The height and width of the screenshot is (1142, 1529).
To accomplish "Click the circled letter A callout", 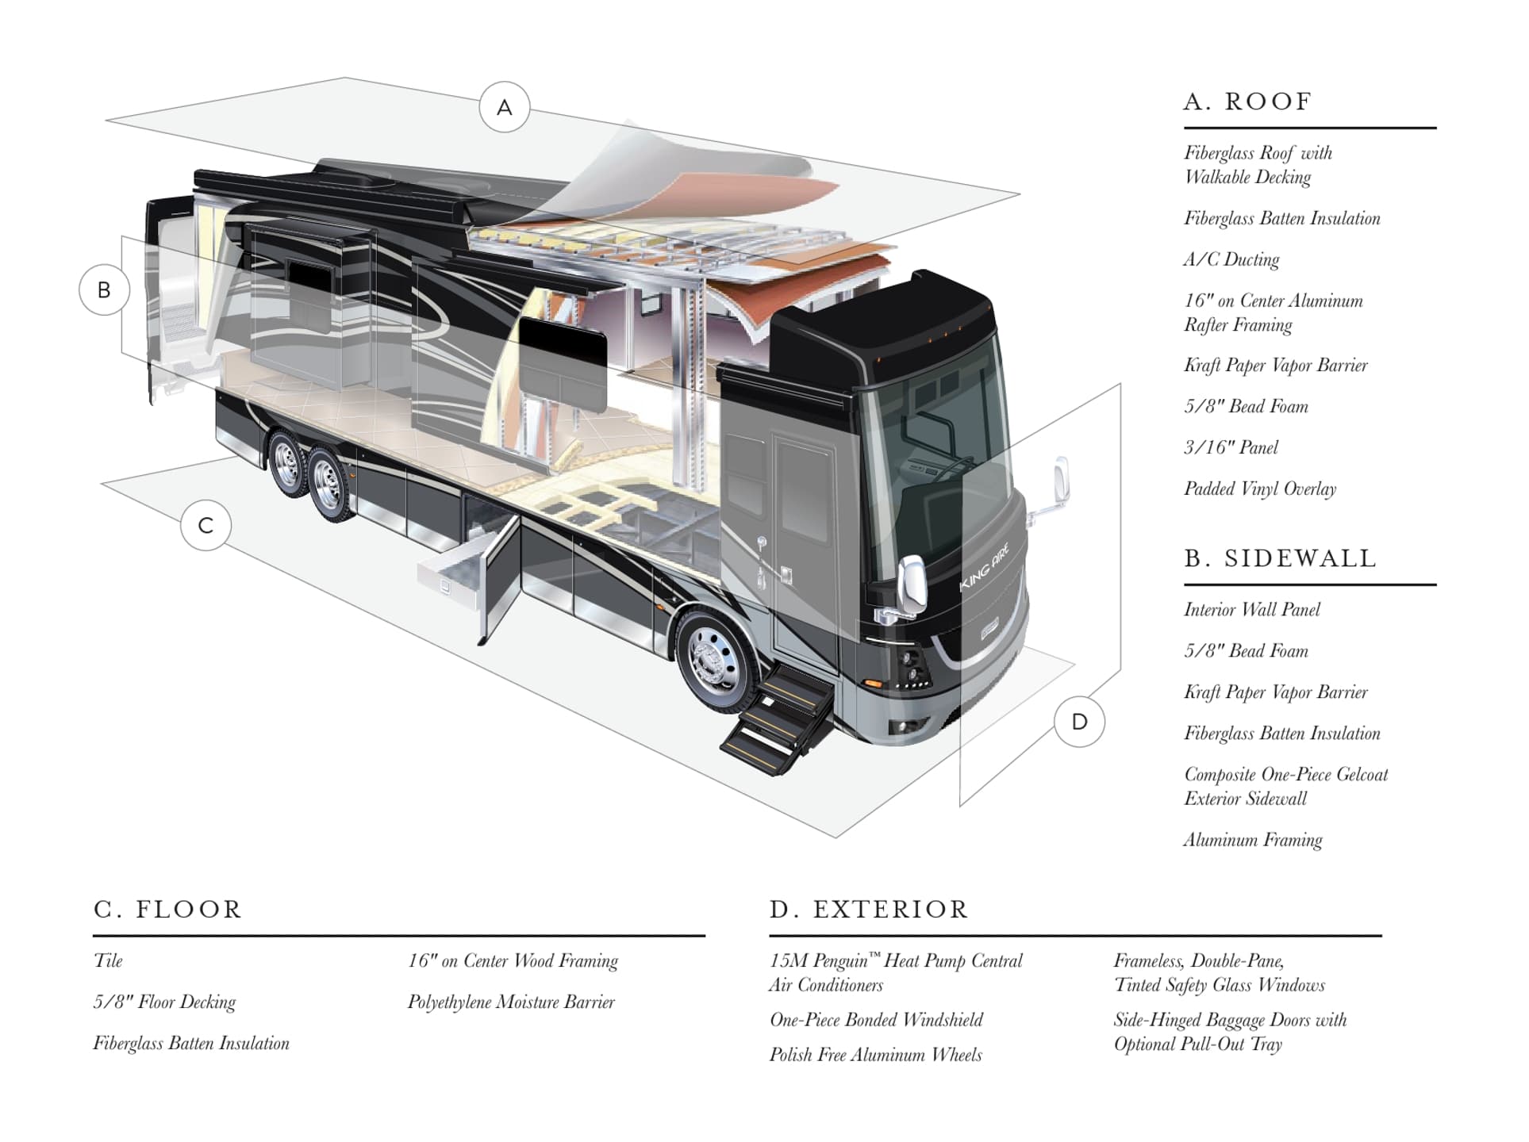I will [504, 107].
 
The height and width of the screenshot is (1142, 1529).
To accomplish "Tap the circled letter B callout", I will [104, 290].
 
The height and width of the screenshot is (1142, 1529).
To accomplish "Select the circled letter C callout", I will [206, 525].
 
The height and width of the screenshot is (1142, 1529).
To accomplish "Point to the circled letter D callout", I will [1079, 722].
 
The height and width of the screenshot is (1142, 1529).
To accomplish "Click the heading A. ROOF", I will [1247, 102].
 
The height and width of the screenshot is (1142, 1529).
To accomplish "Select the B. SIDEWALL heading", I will [1280, 558].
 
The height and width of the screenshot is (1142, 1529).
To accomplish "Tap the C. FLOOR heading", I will [167, 909].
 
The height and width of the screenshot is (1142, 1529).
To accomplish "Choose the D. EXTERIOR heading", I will [869, 909].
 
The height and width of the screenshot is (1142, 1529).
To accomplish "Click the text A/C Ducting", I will [1231, 259].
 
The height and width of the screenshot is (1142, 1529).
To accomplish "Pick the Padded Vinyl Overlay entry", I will [1260, 489].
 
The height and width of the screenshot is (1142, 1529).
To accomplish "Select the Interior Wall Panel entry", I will [1252, 610].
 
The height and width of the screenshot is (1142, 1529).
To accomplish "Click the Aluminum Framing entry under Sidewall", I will [1253, 840].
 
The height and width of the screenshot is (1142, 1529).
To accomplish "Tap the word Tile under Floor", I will [108, 961].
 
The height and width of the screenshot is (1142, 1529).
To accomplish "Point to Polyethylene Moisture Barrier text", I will [511, 1002].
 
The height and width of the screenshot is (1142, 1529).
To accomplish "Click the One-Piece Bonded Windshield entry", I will [876, 1020].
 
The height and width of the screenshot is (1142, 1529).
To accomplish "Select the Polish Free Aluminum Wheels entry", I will [875, 1055].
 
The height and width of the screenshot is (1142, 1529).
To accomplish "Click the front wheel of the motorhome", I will [716, 661].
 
